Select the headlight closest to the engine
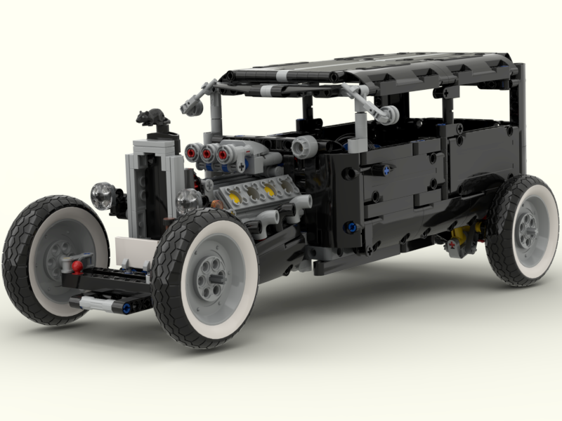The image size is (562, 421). pyautogui.click(x=188, y=201)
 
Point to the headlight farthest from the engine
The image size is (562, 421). pyautogui.click(x=103, y=195)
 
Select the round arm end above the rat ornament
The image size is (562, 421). pyautogui.click(x=188, y=107)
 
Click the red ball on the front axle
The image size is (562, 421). pyautogui.click(x=77, y=266)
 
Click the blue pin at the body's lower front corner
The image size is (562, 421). pyautogui.click(x=351, y=227)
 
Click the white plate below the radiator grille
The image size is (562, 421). pyautogui.click(x=133, y=248)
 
